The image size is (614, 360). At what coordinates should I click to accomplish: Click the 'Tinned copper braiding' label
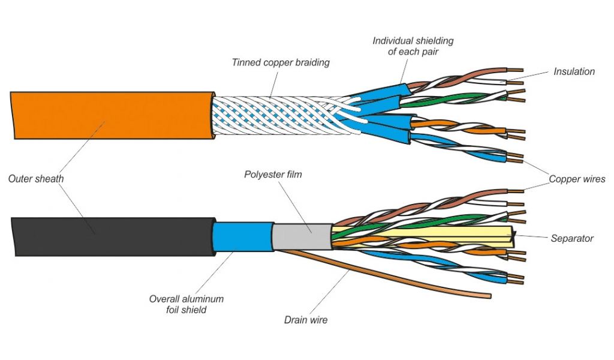[281, 62]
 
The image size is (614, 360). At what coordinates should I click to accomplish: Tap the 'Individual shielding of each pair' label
[413, 46]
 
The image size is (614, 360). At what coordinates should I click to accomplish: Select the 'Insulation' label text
[574, 71]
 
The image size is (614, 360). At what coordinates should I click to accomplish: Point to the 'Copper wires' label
[577, 179]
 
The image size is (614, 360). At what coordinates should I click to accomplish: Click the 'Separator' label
[571, 238]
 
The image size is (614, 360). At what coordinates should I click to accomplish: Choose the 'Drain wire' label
[306, 320]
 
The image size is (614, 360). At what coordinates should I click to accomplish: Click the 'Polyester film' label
[273, 175]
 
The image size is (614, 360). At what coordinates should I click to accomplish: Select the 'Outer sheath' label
[35, 178]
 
